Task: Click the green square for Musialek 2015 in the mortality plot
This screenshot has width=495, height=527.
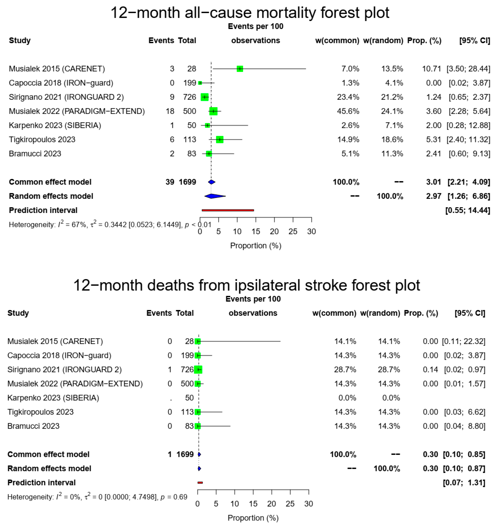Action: point(240,69)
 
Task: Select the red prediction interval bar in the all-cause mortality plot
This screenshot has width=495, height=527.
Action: point(228,210)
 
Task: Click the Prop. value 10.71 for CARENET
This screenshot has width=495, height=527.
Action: point(431,69)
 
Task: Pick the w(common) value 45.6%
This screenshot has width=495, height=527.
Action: point(348,111)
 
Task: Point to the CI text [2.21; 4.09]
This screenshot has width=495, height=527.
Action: point(468,182)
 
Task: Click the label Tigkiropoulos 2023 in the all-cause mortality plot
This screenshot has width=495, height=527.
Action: point(42,140)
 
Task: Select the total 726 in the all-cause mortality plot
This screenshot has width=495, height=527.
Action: point(189,97)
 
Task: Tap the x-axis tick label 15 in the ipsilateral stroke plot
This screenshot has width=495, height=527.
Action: point(253,504)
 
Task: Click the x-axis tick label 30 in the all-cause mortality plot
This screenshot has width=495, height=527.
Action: point(311,232)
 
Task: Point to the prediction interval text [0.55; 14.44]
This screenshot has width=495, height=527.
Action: point(468,210)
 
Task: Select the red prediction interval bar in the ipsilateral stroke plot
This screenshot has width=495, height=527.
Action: point(200,483)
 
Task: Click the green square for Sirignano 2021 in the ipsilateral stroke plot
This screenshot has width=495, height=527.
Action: point(198,370)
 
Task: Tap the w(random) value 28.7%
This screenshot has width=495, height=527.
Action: point(389,370)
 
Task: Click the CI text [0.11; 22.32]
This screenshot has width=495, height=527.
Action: point(464,341)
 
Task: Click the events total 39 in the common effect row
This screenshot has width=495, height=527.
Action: point(170,182)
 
